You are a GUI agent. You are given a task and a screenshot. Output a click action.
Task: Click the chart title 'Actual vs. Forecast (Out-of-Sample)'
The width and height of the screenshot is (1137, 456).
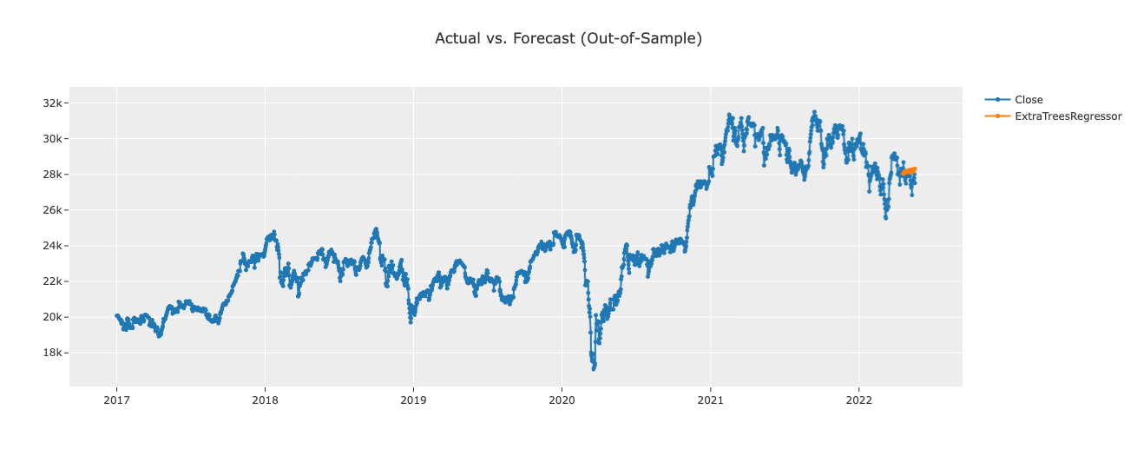point(568,38)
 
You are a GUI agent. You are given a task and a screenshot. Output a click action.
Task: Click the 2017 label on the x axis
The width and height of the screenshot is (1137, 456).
point(116,401)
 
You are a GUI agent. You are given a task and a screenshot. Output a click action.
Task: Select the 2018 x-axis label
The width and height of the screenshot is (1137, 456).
point(265,401)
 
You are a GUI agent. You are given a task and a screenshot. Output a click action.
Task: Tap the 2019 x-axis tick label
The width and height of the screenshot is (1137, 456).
point(413,401)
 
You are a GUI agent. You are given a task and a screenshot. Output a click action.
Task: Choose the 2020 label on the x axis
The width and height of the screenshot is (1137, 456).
point(562,401)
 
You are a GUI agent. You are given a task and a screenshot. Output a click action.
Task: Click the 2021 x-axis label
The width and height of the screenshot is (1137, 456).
point(710,401)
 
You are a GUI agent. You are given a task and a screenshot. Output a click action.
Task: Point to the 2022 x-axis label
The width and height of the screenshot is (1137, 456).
point(858,401)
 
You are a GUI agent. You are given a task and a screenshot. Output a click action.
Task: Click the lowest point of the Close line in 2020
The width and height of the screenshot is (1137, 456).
point(594,368)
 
